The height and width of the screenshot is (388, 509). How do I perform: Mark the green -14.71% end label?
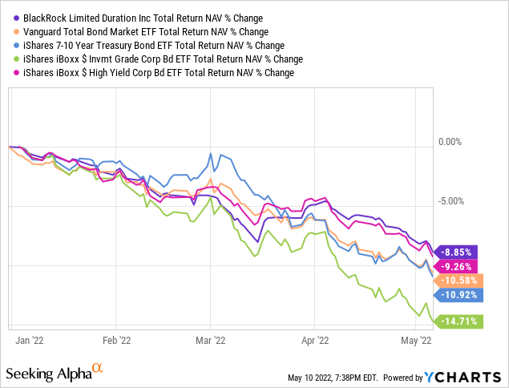(459, 321)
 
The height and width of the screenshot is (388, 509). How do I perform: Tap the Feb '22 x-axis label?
(117, 340)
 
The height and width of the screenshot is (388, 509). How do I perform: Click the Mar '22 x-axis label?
(211, 340)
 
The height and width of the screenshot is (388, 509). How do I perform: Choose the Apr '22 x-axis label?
(315, 340)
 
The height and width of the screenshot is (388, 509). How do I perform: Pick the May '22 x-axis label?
(416, 340)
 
